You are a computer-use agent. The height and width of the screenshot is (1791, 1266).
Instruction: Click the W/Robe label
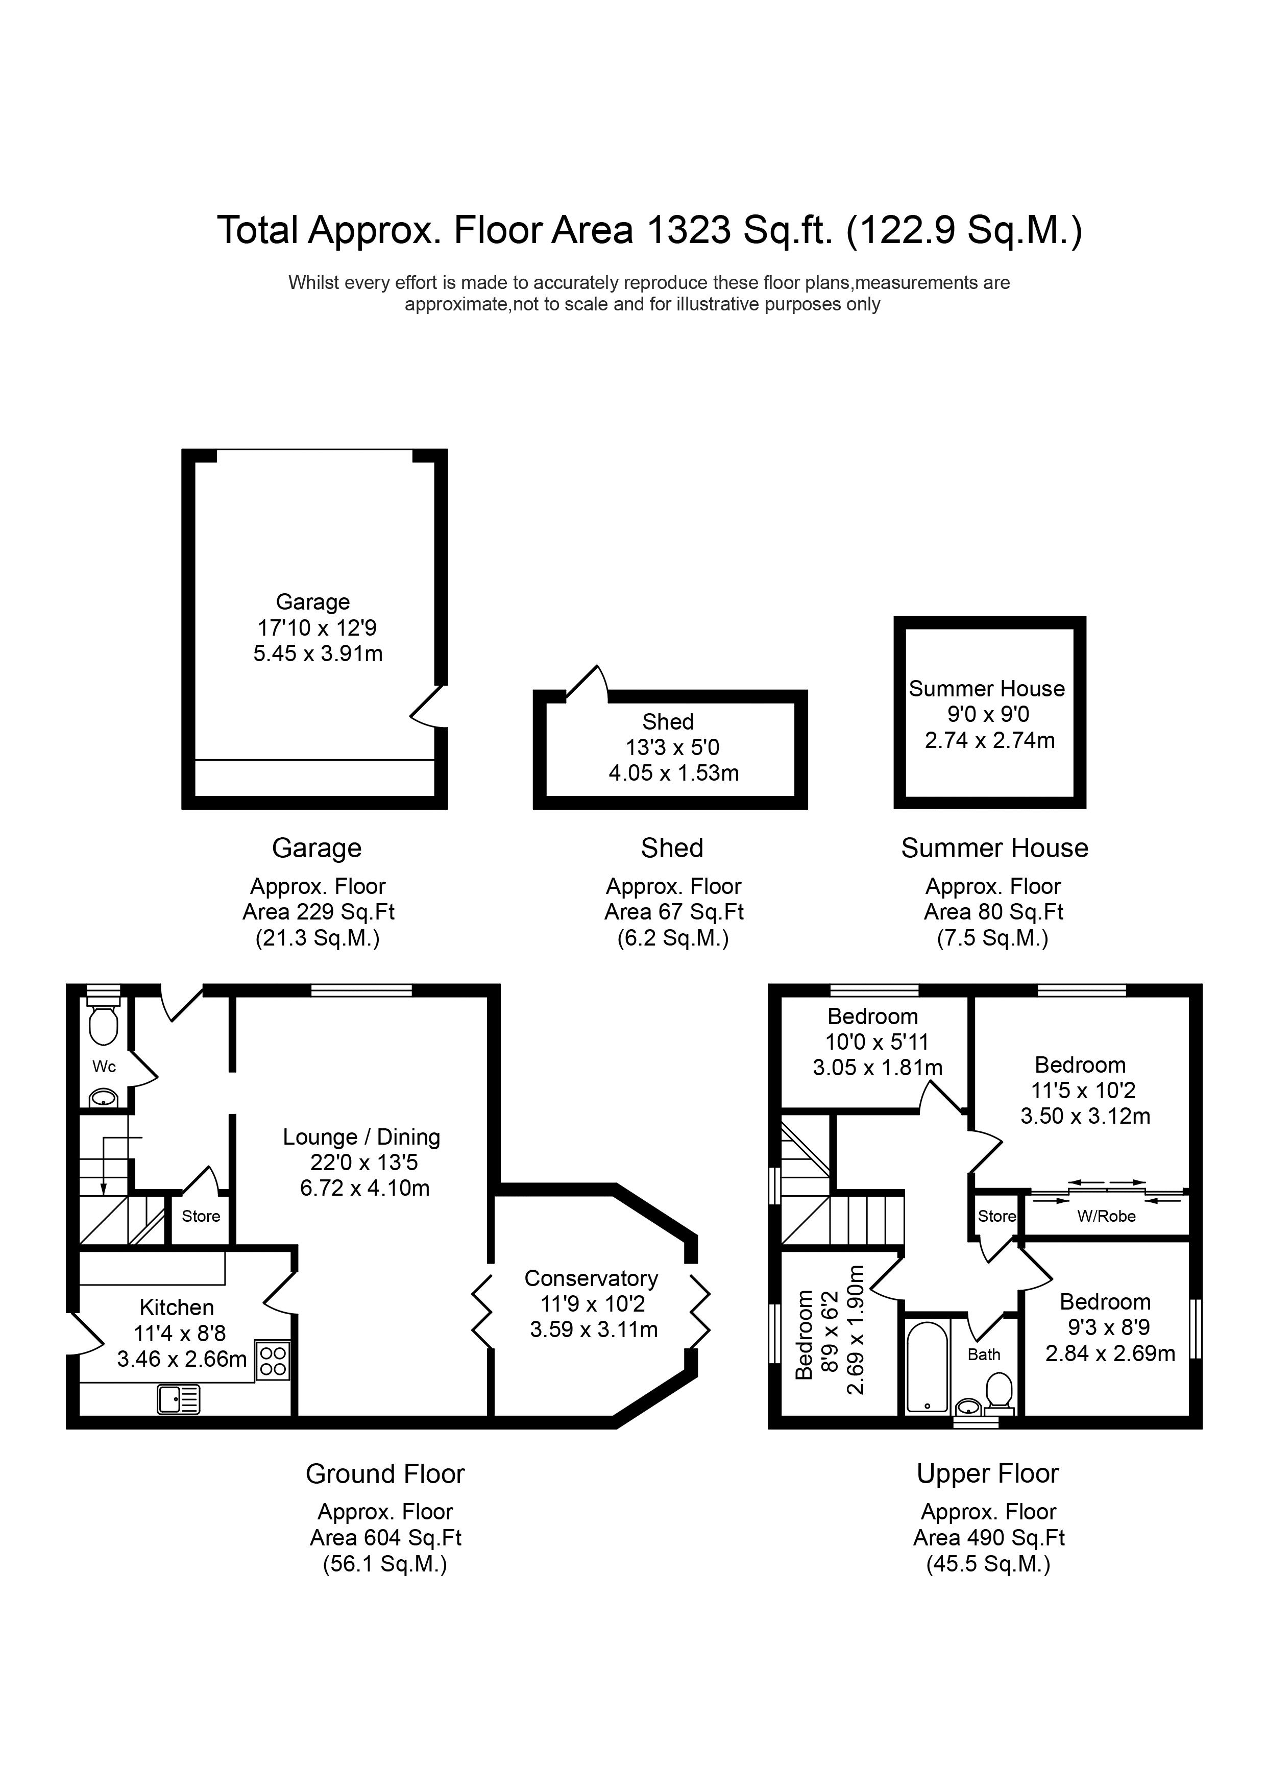point(1106,1216)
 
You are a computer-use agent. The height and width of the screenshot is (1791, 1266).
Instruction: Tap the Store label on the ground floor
point(201,1216)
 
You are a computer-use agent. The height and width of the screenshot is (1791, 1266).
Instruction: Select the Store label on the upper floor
point(997,1216)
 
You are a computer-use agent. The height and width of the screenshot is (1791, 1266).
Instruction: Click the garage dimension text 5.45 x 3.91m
point(318,654)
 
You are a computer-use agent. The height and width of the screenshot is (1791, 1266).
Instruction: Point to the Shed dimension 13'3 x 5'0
point(672,747)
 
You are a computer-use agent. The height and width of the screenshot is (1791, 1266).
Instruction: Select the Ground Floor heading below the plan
point(385,1474)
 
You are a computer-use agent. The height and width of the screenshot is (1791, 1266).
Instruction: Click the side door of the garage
point(427,707)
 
